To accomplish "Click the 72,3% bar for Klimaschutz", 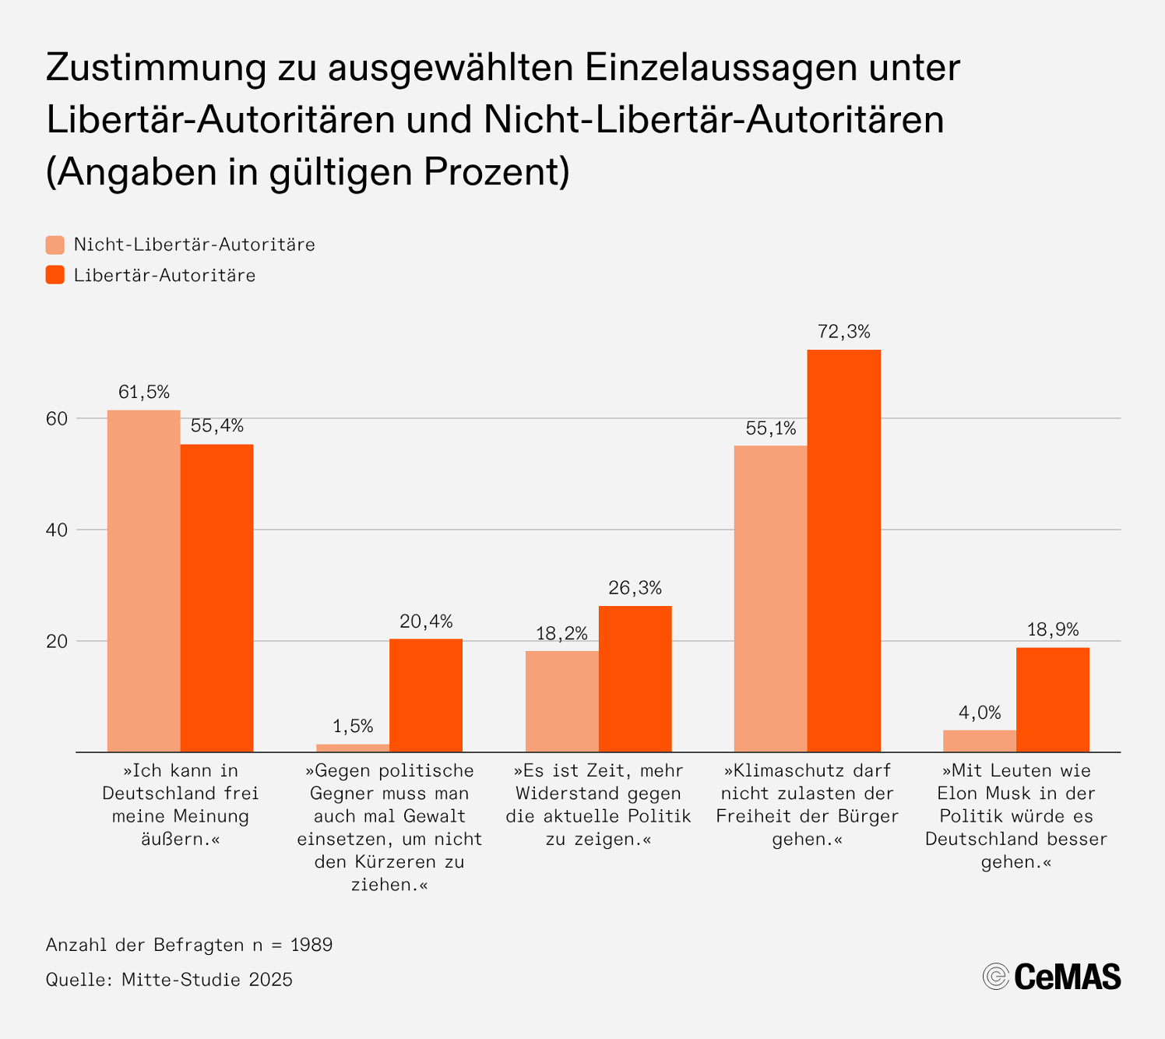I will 843,551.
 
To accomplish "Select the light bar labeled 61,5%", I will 143,581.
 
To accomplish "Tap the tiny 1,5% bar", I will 352,748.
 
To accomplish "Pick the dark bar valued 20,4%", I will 425,696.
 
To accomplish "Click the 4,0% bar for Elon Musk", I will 979,741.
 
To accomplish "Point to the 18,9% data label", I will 1053,629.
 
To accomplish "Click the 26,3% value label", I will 635,588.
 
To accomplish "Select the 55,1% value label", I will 770,428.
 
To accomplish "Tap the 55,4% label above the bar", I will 216,426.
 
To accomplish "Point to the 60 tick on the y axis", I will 57,418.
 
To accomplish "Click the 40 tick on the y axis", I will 57,530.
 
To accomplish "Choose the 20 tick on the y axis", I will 57,642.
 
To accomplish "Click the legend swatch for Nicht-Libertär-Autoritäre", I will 55,245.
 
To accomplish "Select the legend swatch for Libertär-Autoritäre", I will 55,275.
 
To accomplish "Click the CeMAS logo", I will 1051,976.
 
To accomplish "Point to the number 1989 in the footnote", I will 311,945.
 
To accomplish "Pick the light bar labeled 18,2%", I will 561,701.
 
